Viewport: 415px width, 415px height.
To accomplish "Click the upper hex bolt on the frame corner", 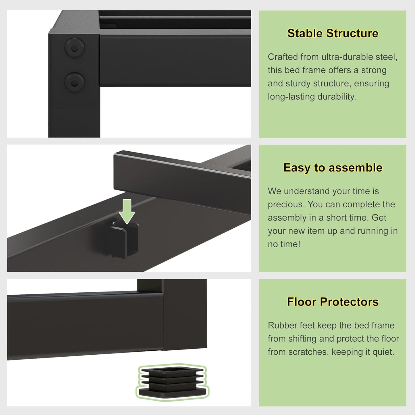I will point(74,48).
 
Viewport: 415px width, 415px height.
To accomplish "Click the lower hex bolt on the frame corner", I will point(74,83).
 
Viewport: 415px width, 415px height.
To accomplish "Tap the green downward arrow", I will point(127,211).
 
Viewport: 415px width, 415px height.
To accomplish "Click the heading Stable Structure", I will point(333,33).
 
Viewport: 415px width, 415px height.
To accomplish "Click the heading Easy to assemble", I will point(333,167).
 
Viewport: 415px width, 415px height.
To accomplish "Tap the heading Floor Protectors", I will point(333,302).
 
